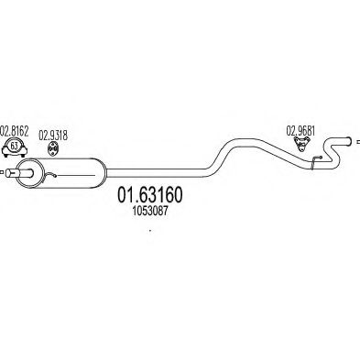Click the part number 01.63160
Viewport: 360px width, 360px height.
click(x=150, y=195)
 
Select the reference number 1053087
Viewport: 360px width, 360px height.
click(x=150, y=212)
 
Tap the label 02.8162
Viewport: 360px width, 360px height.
click(x=15, y=131)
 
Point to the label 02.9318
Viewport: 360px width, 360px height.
click(x=53, y=136)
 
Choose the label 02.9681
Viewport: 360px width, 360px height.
click(x=300, y=131)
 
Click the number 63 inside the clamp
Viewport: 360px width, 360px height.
click(x=14, y=146)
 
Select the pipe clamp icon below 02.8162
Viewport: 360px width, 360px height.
click(x=15, y=147)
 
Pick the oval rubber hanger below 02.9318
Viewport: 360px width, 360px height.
click(x=53, y=148)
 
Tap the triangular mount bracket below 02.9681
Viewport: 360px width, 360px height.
click(x=302, y=144)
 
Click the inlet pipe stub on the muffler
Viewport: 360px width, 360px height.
click(x=19, y=173)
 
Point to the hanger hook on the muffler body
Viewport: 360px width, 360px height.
click(x=50, y=175)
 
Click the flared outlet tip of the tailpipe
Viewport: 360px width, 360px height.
click(x=348, y=141)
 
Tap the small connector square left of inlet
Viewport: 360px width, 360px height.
click(x=2, y=173)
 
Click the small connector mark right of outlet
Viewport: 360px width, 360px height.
click(x=358, y=141)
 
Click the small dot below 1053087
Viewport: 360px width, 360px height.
click(x=149, y=230)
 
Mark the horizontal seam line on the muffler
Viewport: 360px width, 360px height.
click(x=76, y=176)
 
